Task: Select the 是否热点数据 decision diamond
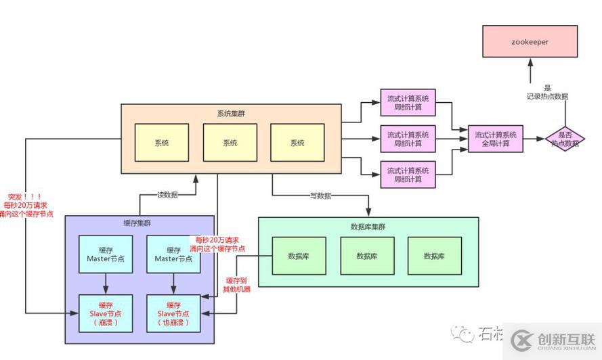click(565, 139)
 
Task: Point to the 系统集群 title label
click(230, 114)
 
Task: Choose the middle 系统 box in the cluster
click(230, 143)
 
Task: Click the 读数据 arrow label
click(167, 195)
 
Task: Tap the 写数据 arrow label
click(320, 196)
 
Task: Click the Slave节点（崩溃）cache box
click(106, 314)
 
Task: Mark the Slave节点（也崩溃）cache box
click(173, 314)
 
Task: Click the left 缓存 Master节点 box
click(106, 254)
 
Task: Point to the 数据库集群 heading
click(368, 227)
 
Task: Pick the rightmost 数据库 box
click(434, 256)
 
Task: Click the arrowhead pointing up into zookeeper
click(530, 62)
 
